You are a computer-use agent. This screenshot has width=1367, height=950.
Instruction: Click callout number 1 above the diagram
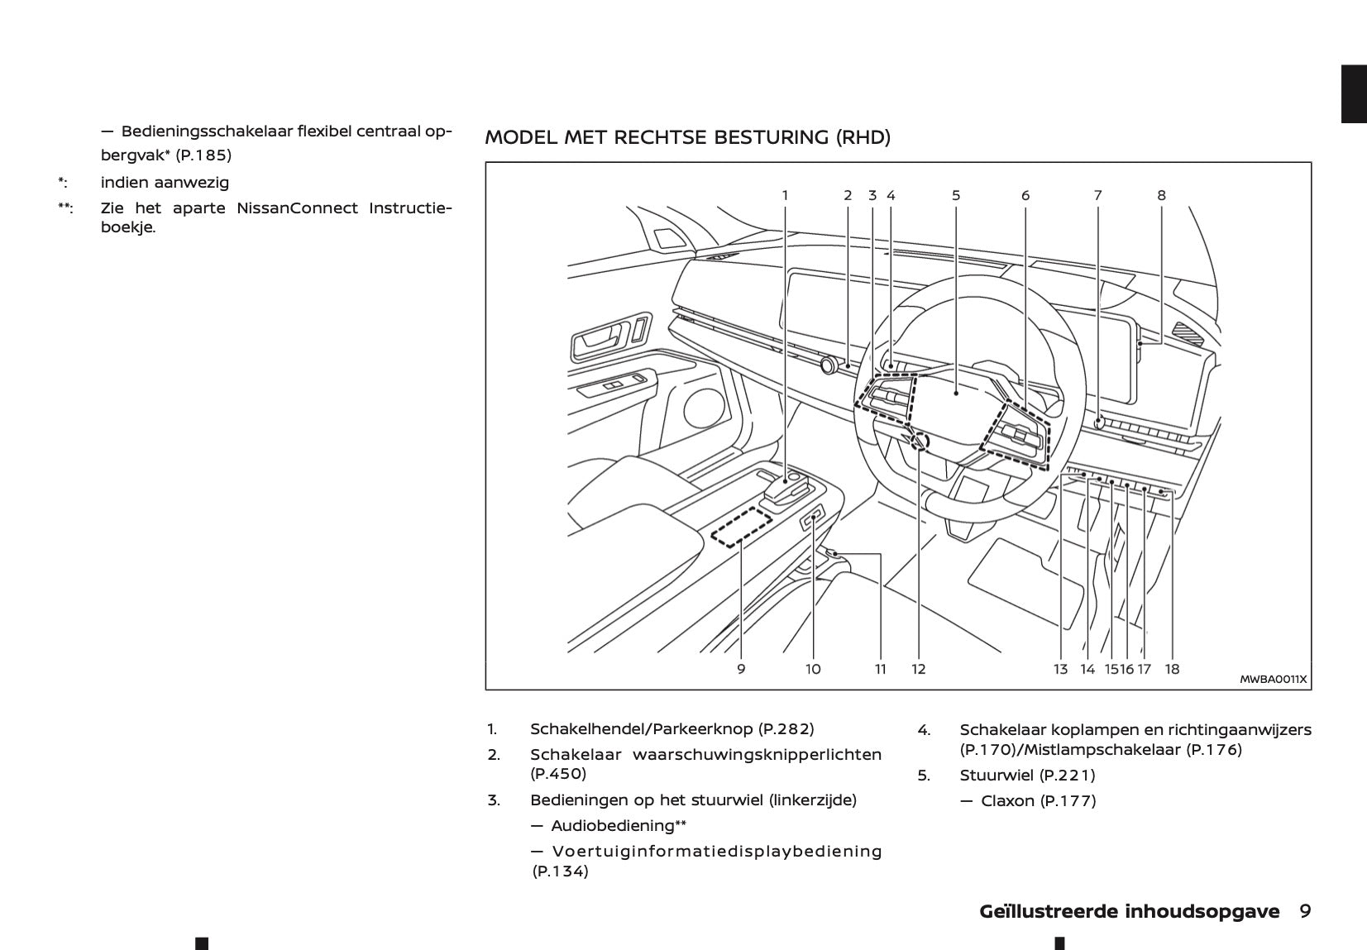pos(785,196)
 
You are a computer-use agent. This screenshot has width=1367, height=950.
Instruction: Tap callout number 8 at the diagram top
pos(1161,196)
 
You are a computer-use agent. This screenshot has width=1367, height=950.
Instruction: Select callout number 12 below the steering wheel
pos(919,669)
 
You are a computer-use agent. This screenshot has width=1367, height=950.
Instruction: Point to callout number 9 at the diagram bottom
pos(741,669)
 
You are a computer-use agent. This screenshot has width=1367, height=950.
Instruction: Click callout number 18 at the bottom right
pos(1172,669)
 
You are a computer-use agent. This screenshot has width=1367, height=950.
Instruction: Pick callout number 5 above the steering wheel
pos(956,196)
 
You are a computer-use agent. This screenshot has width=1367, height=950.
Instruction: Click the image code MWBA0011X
pos(1273,680)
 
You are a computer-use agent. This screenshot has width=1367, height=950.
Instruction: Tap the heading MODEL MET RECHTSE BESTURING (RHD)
pos(687,137)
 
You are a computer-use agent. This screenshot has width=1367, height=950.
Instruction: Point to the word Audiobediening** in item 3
pos(619,826)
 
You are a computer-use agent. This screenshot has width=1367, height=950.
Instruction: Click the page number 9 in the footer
pos(1304,912)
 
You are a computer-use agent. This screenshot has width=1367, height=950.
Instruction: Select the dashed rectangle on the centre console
pos(741,528)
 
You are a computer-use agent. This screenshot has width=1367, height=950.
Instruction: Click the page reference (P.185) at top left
pos(203,155)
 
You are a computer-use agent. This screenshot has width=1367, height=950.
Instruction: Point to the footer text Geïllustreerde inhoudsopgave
pos(1129,912)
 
